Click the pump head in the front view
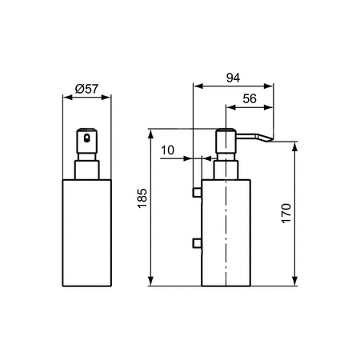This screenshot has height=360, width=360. (x=86, y=142)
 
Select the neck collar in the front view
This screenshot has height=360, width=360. (x=86, y=169)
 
